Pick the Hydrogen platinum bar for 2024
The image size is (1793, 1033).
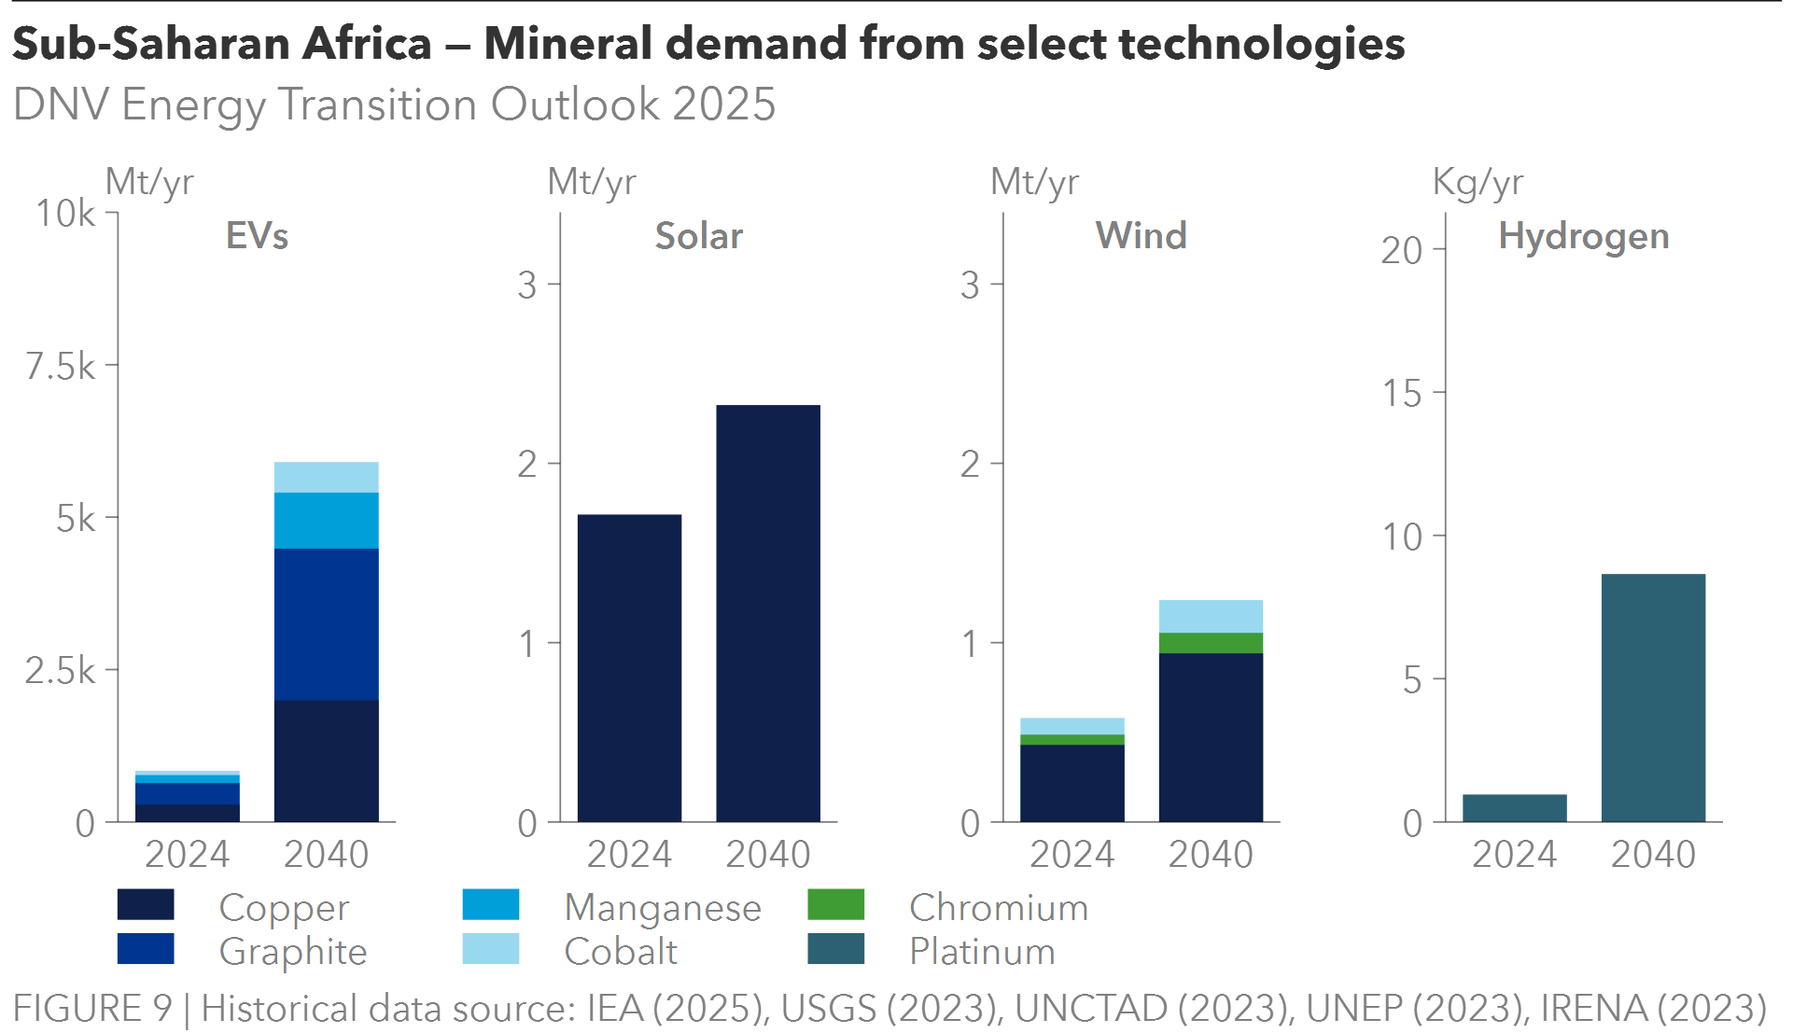coord(1514,808)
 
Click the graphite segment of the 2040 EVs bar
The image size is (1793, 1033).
coord(326,624)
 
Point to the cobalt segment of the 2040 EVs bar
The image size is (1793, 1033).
coord(326,477)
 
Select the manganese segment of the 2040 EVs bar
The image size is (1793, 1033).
coord(326,521)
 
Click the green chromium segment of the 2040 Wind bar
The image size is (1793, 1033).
coord(1211,643)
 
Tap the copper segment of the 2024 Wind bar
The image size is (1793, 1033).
coord(1072,783)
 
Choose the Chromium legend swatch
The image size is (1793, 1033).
coord(835,905)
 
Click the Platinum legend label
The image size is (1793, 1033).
coord(982,952)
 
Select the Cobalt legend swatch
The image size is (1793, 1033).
coord(491,949)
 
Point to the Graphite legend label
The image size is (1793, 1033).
coord(293,952)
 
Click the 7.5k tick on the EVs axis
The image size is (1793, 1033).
coord(61,367)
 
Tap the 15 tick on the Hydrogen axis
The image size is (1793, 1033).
coord(1402,394)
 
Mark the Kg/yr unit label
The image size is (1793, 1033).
coord(1478,182)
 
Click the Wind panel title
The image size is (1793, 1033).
coord(1141,236)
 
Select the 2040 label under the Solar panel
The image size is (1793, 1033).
coord(768,854)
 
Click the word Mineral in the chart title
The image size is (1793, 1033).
coord(567,44)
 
